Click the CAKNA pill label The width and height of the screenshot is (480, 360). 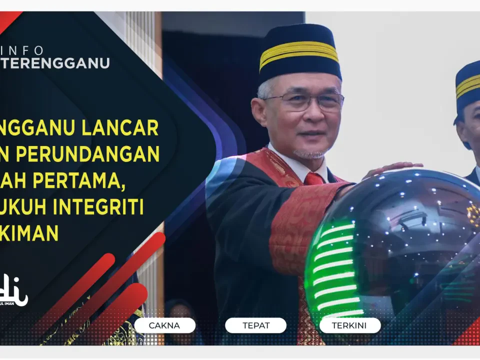[x=164, y=325]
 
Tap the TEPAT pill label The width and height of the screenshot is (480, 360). [x=255, y=325]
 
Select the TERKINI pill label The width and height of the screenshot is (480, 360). [x=349, y=325]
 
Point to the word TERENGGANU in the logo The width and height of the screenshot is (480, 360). [x=55, y=63]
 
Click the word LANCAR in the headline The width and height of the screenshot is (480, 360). [x=128, y=128]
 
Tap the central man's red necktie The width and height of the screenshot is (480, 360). [x=314, y=178]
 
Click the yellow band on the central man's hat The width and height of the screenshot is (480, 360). [x=298, y=52]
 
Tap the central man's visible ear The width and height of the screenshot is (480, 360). [x=259, y=111]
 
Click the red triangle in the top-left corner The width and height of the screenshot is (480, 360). [x=7, y=18]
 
